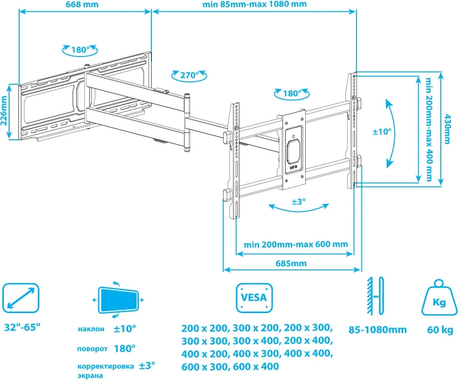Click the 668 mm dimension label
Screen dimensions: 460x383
(x=82, y=4)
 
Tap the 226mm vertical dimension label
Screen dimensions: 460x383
(x=4, y=111)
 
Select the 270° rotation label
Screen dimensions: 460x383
(x=189, y=75)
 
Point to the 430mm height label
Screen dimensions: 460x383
(x=447, y=129)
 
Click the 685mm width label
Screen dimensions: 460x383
(x=291, y=263)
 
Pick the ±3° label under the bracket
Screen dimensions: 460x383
(x=299, y=202)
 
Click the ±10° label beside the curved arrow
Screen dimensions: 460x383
(x=382, y=132)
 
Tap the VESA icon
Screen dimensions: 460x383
(x=254, y=298)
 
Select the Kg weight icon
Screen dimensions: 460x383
(x=439, y=298)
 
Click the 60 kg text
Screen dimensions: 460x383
(x=440, y=330)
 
